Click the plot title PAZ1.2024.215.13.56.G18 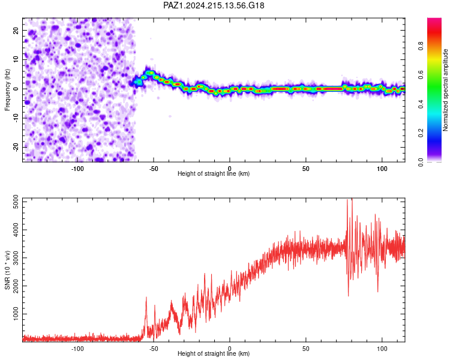(214, 5)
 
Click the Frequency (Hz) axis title (7, 90)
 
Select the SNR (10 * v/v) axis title (7, 270)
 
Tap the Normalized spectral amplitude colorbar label (445, 90)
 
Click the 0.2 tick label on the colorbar (421, 133)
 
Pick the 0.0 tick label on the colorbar (421, 162)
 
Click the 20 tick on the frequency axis (16, 30)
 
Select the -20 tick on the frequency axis (16, 147)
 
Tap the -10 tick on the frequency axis (16, 118)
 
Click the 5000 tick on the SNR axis (16, 202)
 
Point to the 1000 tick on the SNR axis (16, 314)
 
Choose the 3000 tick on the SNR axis (16, 258)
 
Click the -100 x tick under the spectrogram (77, 169)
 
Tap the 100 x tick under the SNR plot (382, 349)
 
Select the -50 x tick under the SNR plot (154, 349)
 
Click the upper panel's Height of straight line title (214, 173)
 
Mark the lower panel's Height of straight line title (214, 353)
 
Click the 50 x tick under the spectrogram (306, 169)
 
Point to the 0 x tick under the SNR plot (230, 349)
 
